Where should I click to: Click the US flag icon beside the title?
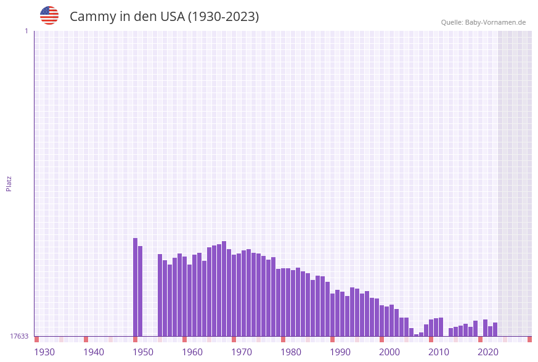coord(49,15)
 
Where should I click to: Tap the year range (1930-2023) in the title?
coord(222,17)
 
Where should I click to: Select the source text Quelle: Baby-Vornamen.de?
coord(483,22)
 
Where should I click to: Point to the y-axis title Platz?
coord(9,183)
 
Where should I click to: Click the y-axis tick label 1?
coord(26,31)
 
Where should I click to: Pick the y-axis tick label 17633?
coord(19,336)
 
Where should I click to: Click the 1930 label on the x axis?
coord(44,352)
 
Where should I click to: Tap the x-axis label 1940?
coord(94,352)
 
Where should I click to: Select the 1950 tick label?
coord(143,352)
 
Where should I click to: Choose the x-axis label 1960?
coord(192,352)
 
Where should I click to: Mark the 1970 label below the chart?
coord(242,352)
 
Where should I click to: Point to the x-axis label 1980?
coord(291,352)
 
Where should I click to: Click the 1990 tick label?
coord(340,352)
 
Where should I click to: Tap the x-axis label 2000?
coord(389,352)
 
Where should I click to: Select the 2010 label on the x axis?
coord(439,352)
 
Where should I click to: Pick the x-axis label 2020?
coord(488,352)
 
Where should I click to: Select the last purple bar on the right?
coord(495,329)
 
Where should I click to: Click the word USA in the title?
coord(172,17)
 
